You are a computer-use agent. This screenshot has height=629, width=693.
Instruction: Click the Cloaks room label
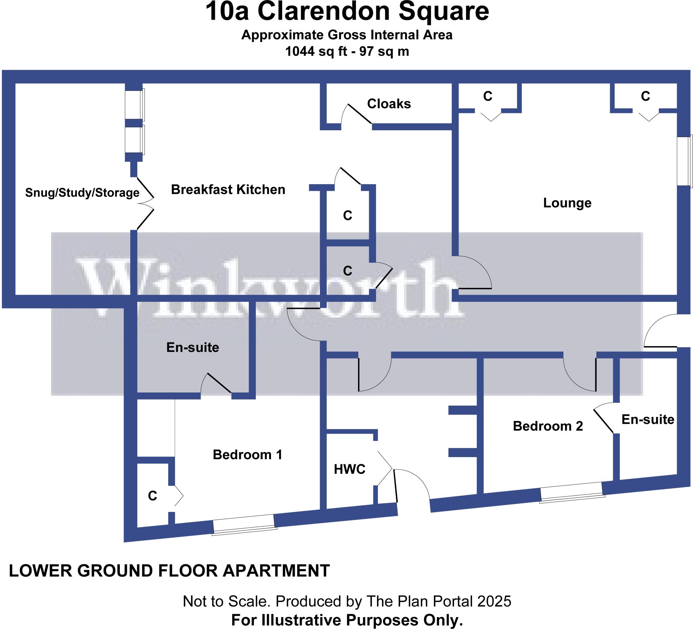[389, 104]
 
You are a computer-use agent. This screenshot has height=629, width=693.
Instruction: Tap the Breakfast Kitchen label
[228, 190]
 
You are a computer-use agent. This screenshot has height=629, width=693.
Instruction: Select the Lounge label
[567, 203]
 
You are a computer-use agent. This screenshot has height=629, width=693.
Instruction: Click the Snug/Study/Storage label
[82, 193]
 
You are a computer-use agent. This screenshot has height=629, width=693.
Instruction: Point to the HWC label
[349, 469]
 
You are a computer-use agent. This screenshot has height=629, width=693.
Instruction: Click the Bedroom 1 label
[247, 455]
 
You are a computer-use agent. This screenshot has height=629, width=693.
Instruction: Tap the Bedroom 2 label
[548, 426]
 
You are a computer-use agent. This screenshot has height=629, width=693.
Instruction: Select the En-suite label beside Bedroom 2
[648, 419]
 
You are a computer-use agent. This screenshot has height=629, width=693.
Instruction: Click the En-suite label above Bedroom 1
[193, 347]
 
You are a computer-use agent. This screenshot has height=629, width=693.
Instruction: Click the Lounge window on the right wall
[684, 161]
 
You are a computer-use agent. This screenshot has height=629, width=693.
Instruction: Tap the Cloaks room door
[358, 114]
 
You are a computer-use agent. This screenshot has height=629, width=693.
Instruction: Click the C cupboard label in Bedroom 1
[152, 496]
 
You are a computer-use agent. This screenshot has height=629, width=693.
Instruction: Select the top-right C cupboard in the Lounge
[645, 96]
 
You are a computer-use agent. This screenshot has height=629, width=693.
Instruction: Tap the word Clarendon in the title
[324, 12]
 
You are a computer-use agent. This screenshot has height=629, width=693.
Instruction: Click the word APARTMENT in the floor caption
[276, 571]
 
